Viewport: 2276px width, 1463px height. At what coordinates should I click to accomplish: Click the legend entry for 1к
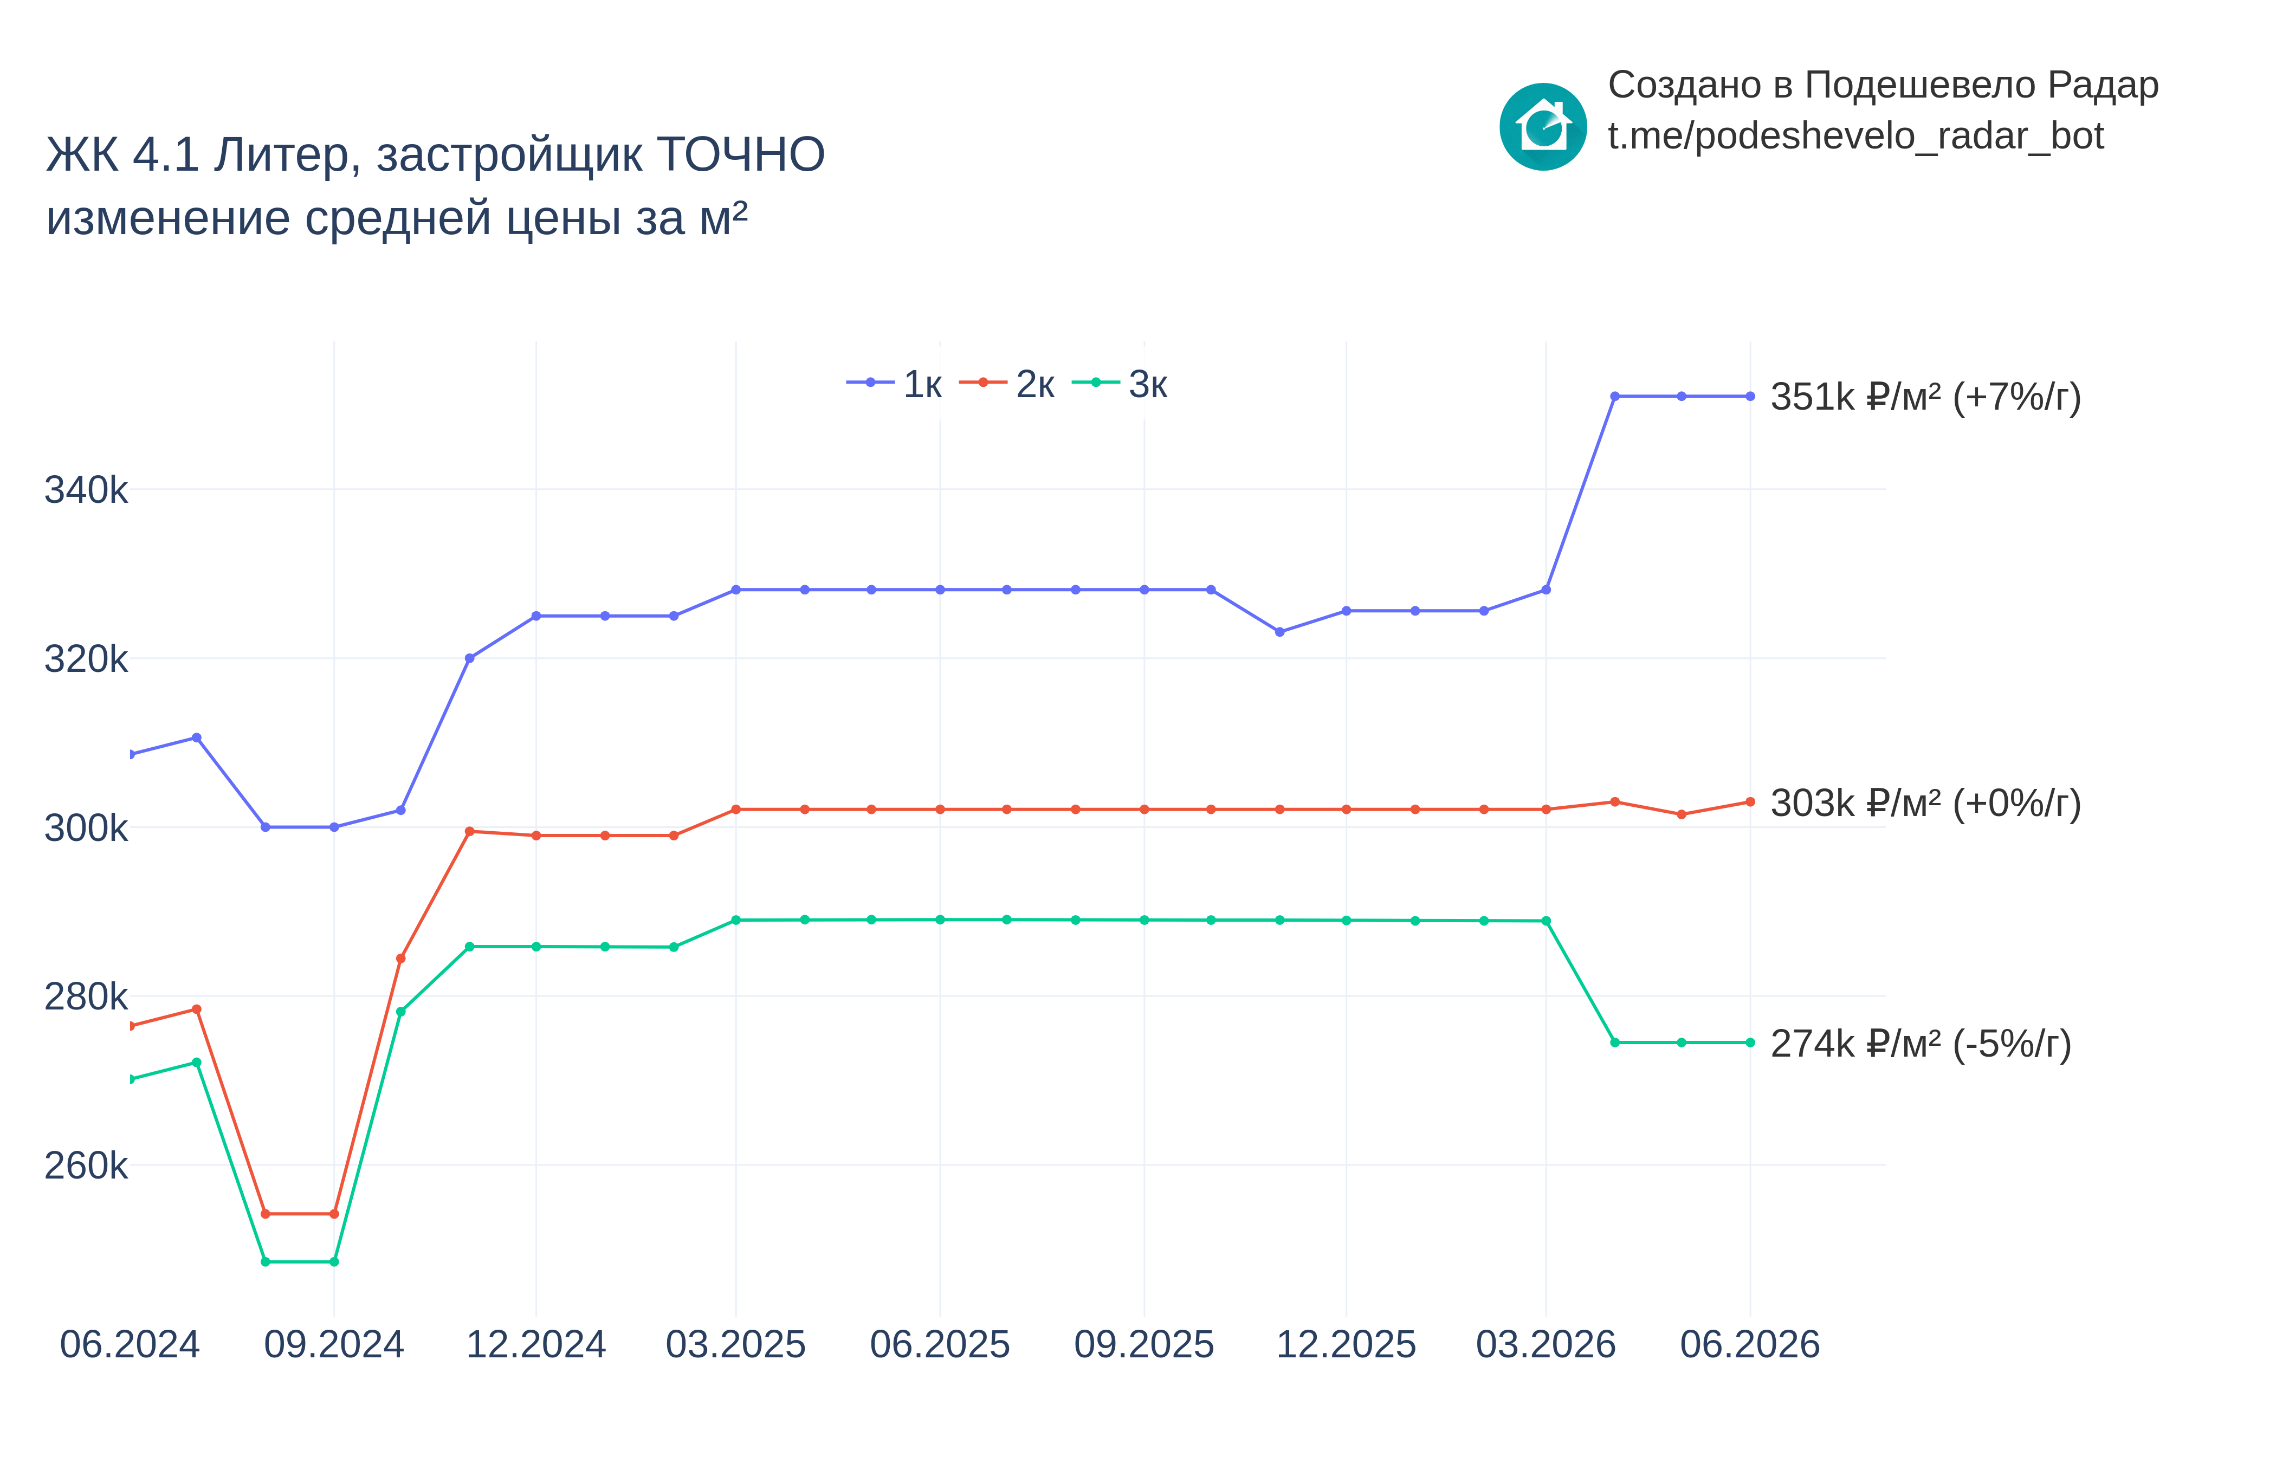pyautogui.click(x=894, y=384)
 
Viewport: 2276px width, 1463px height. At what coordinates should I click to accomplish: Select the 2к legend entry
pyautogui.click(x=1007, y=384)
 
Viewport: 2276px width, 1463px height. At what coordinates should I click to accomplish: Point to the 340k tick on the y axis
pyautogui.click(x=86, y=490)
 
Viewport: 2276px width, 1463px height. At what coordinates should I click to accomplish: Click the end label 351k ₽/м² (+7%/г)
pyautogui.click(x=1925, y=397)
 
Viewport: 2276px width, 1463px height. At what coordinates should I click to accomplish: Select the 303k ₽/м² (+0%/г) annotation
pyautogui.click(x=1925, y=804)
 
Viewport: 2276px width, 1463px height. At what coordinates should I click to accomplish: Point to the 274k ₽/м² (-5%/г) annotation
pyautogui.click(x=1921, y=1044)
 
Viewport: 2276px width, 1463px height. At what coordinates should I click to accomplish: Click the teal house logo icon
pyautogui.click(x=1543, y=127)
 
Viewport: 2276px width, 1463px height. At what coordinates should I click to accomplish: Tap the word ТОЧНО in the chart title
pyautogui.click(x=740, y=155)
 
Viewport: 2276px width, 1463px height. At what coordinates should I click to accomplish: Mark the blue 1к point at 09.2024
pyautogui.click(x=334, y=827)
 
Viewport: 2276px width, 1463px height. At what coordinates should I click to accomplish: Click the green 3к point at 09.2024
pyautogui.click(x=334, y=1261)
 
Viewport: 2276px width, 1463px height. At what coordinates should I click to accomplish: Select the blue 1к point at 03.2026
pyautogui.click(x=1546, y=590)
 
